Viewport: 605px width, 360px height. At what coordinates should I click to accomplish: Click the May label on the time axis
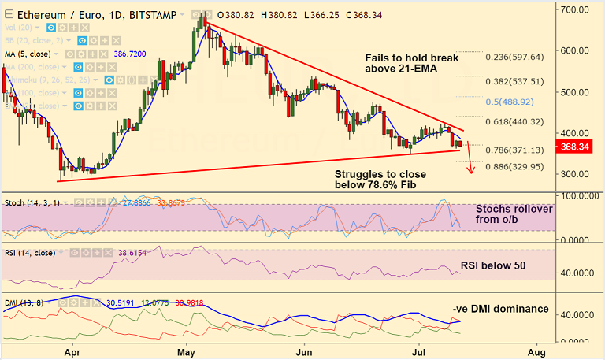click(186, 351)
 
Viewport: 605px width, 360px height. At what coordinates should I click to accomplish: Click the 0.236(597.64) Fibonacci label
click(514, 57)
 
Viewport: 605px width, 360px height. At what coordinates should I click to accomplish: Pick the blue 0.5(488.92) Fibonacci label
click(514, 102)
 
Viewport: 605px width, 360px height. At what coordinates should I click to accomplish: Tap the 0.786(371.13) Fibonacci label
click(514, 150)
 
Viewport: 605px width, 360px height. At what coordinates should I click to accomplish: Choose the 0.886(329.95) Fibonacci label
click(514, 166)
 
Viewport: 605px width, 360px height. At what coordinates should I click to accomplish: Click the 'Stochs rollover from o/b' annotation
click(514, 214)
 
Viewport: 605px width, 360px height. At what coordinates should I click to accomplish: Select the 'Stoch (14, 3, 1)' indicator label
click(31, 203)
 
